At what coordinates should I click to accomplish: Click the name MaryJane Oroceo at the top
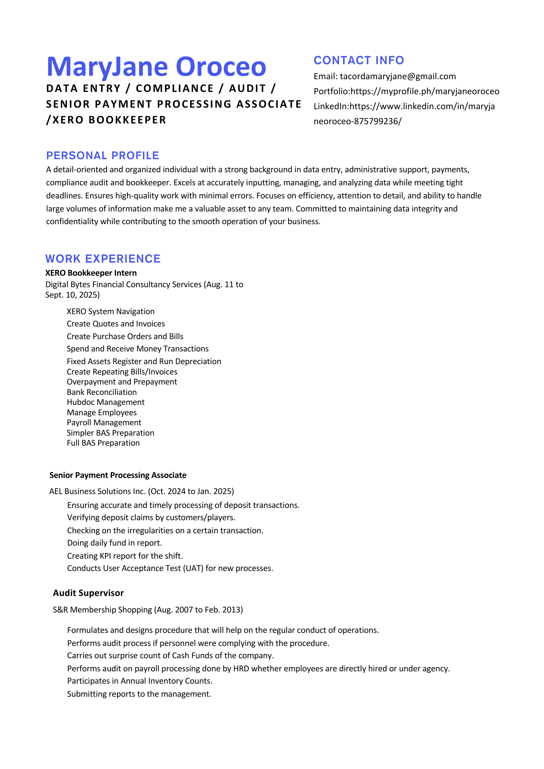coord(156,67)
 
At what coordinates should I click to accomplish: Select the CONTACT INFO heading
coord(359,60)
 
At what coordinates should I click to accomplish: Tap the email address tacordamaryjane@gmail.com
coord(398,77)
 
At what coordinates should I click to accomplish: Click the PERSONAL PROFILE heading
coord(102,156)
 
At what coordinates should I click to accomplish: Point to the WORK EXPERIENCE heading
coord(103,259)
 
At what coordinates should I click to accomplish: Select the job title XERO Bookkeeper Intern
coord(91,273)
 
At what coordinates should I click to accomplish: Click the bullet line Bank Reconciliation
coord(102,392)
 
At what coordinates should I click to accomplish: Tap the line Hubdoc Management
coord(105,402)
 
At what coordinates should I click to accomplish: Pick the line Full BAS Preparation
coord(103,443)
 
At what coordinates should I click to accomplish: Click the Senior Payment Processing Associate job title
coord(118,475)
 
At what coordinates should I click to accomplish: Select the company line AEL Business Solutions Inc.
coord(141,491)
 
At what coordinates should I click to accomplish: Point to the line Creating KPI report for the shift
coord(125,556)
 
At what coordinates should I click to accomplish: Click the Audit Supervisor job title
coord(88,593)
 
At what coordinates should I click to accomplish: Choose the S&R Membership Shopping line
coord(148,610)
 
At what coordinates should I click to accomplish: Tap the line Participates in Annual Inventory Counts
coord(140,681)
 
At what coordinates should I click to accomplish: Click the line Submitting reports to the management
coord(139,694)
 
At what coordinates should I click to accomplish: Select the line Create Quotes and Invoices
coord(115,324)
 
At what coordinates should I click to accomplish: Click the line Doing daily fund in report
coord(114,543)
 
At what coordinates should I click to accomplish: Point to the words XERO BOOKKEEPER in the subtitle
coord(109,120)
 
